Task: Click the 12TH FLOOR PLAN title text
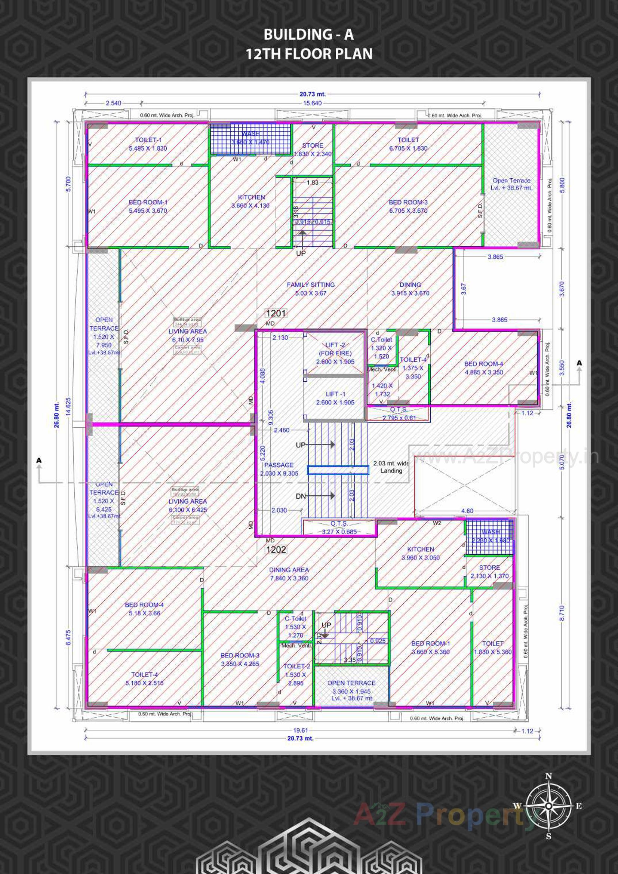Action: point(309,54)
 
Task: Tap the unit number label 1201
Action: point(276,313)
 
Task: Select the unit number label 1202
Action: point(276,550)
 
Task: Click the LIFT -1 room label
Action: point(335,398)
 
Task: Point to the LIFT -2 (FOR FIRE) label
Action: point(335,353)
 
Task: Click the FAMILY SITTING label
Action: point(311,289)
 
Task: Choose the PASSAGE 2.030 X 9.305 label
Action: point(279,469)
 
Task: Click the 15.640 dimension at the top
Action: point(312,103)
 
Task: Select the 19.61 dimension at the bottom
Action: point(301,730)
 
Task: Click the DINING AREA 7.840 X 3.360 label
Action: point(289,574)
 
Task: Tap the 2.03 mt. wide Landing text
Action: point(391,467)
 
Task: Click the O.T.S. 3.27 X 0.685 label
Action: point(339,527)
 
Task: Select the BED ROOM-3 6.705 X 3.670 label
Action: point(408,206)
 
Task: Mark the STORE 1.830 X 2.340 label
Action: point(313,150)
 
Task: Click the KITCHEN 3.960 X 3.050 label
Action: point(420,553)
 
